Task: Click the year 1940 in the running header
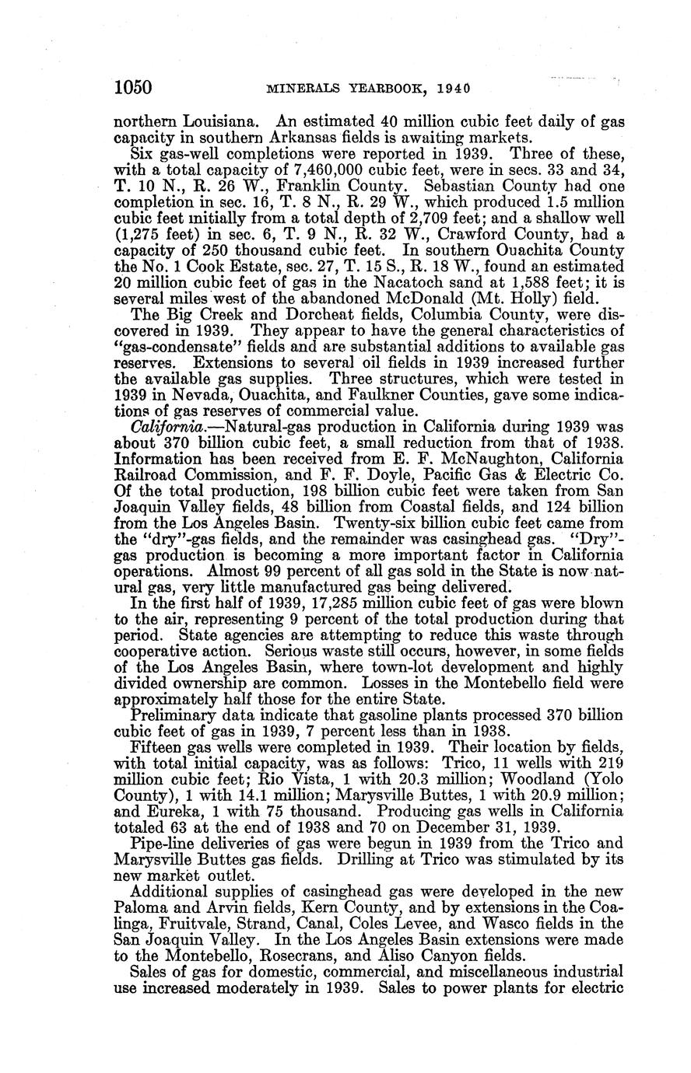click(x=448, y=89)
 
